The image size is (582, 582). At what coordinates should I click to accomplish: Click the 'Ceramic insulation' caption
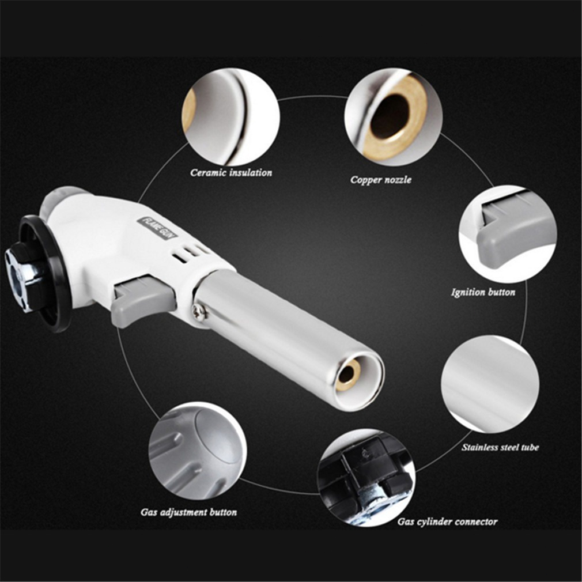231,173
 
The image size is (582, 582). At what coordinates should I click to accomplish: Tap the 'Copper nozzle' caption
381,180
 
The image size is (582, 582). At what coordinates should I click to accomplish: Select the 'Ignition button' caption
483,293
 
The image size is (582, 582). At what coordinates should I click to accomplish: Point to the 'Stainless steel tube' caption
500,447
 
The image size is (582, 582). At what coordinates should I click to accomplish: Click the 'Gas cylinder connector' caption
447,522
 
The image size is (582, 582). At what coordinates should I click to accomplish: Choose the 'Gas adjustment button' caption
188,513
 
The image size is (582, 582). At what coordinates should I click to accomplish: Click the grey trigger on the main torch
143,299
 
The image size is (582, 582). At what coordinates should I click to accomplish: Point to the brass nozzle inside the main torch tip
348,375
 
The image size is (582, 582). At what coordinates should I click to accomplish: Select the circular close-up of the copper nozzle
393,116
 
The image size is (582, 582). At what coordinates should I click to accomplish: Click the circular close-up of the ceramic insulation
230,116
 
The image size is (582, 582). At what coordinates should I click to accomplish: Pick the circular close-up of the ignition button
508,235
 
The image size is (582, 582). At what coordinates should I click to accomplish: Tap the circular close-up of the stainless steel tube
490,384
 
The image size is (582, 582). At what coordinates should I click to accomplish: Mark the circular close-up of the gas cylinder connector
366,478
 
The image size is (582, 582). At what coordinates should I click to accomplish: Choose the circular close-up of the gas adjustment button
198,450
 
